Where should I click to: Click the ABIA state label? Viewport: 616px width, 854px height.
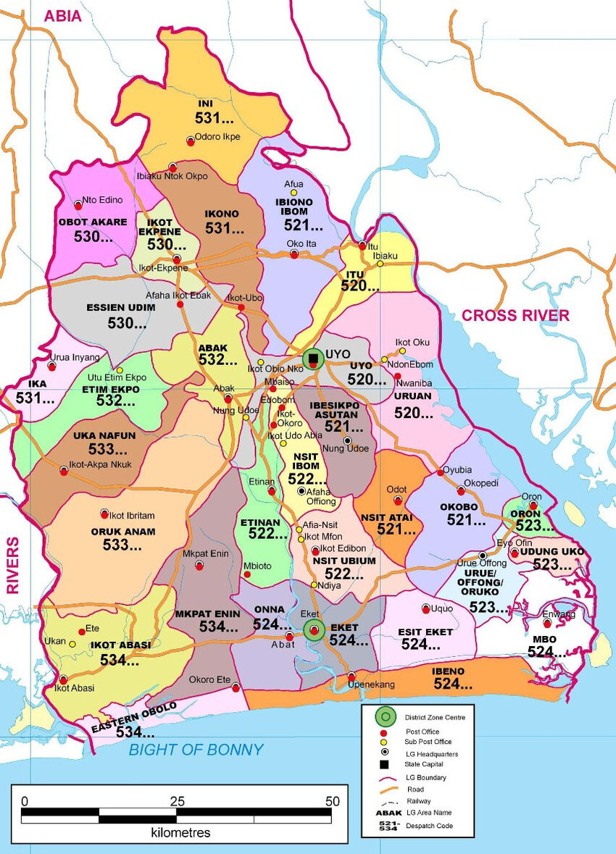pyautogui.click(x=64, y=17)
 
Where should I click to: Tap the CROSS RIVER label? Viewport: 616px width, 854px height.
pyautogui.click(x=515, y=315)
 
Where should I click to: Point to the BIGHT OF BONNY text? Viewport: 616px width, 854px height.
pyautogui.click(x=196, y=750)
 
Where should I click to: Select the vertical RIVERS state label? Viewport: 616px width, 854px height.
pyautogui.click(x=12, y=566)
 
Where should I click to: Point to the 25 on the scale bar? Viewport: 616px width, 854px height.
pyautogui.click(x=177, y=801)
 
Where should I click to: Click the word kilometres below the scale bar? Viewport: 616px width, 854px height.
pyautogui.click(x=180, y=832)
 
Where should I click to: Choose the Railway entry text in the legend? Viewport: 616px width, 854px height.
pyautogui.click(x=418, y=801)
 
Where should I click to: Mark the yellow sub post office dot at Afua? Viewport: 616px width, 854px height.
pyautogui.click(x=294, y=193)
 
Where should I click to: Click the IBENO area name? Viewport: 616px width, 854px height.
pyautogui.click(x=448, y=671)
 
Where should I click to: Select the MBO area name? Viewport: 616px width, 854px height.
pyautogui.click(x=544, y=640)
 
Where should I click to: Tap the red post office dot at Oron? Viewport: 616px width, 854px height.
pyautogui.click(x=533, y=506)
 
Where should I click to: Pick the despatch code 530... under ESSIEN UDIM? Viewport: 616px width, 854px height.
pyautogui.click(x=127, y=323)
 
